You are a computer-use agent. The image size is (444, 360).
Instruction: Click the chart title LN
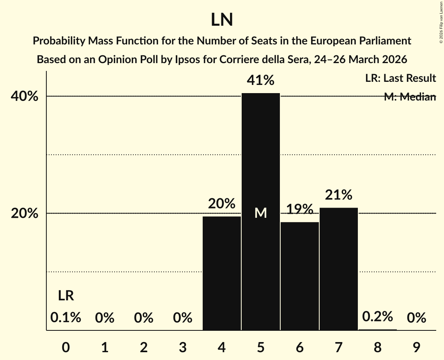click(x=222, y=20)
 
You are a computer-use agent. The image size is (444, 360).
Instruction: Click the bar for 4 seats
click(x=222, y=273)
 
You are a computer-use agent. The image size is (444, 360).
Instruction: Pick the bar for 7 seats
click(x=338, y=269)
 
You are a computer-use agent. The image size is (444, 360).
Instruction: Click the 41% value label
click(x=260, y=81)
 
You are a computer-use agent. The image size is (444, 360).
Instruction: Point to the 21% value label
click(x=338, y=194)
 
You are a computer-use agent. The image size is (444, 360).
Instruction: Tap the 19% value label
click(x=300, y=209)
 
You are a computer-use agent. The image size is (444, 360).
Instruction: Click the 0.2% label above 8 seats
click(x=377, y=317)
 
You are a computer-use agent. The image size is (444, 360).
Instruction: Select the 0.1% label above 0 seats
click(x=66, y=318)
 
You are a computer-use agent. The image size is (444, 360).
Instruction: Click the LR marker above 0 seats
click(x=66, y=296)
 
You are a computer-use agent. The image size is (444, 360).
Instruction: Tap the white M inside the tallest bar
click(x=260, y=213)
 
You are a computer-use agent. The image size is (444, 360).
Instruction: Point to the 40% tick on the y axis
click(x=27, y=96)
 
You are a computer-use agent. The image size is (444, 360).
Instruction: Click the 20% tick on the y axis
click(x=27, y=214)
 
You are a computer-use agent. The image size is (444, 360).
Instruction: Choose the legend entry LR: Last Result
click(x=400, y=78)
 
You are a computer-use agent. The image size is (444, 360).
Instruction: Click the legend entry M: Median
click(x=410, y=97)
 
